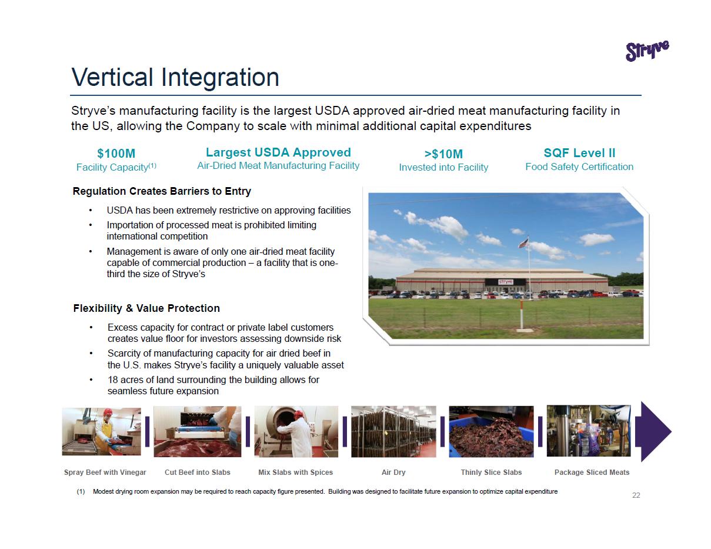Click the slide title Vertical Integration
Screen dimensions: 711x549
(x=175, y=77)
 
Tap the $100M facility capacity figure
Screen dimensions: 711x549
(x=116, y=153)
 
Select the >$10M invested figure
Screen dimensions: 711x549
(x=443, y=154)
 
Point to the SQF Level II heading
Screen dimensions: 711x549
(x=579, y=153)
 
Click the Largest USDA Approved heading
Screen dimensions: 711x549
(x=278, y=152)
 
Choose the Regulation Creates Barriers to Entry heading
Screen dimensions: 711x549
(x=162, y=191)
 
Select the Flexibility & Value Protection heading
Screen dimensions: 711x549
(x=146, y=308)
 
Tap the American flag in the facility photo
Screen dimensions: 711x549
(x=523, y=243)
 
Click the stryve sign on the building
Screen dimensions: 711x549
(x=506, y=282)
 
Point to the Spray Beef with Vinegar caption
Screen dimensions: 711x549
(x=105, y=472)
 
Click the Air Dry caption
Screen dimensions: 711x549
(x=393, y=472)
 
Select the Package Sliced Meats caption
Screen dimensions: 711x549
(x=592, y=472)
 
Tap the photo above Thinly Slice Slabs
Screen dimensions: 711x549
(x=491, y=431)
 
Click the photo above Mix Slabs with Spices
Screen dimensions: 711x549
(x=296, y=431)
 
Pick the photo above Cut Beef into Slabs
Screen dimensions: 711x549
(x=197, y=431)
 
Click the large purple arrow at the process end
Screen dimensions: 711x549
(x=653, y=431)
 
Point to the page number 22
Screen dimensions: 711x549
(x=636, y=495)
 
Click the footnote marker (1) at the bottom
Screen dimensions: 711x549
(x=81, y=491)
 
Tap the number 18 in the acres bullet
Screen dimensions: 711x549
(x=112, y=380)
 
